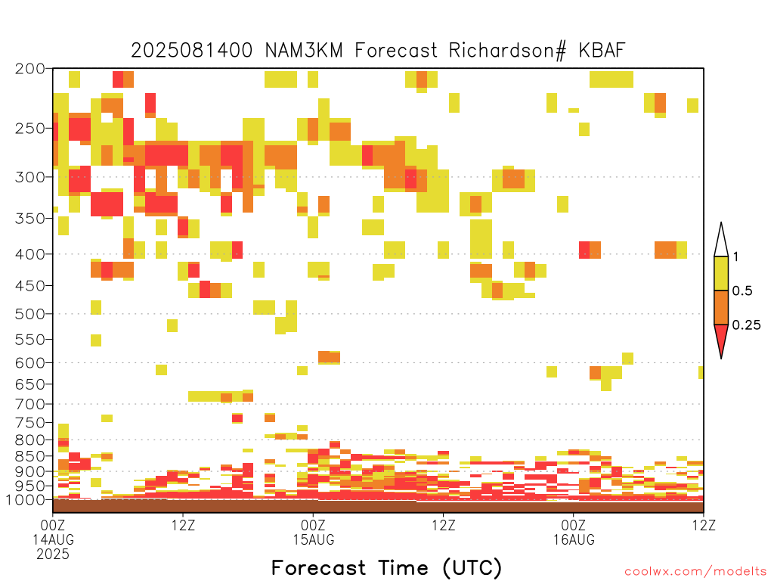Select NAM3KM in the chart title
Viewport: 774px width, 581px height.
click(x=304, y=50)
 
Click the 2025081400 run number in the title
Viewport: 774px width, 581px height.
click(x=191, y=50)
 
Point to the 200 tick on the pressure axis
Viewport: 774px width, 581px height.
click(x=30, y=69)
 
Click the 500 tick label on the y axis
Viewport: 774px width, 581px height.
click(x=30, y=314)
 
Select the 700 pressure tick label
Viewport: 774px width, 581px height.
click(x=30, y=404)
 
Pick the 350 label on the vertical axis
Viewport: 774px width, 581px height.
click(x=30, y=218)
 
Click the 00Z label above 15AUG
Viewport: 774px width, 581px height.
click(x=314, y=525)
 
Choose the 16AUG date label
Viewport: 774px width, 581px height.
click(x=574, y=539)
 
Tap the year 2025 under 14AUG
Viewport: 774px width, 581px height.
click(x=53, y=555)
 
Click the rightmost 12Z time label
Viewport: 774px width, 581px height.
click(x=704, y=525)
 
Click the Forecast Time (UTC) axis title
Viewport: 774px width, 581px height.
click(x=386, y=567)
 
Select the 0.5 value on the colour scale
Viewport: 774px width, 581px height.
click(x=742, y=290)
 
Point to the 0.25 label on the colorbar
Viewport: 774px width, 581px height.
click(x=746, y=325)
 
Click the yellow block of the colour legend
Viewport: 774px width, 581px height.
click(x=721, y=273)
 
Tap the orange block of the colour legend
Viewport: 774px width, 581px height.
click(x=721, y=307)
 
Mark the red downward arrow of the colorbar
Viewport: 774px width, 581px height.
click(x=721, y=338)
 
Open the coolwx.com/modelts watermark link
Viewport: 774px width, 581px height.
click(x=695, y=572)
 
